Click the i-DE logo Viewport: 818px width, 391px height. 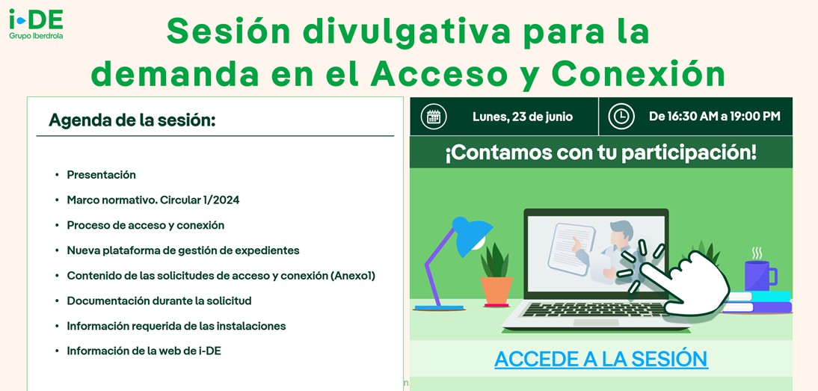[36, 24]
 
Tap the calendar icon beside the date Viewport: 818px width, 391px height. [434, 117]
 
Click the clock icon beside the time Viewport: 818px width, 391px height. [621, 117]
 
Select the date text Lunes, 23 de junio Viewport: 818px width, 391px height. [522, 117]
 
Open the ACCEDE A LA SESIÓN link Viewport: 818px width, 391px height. [601, 359]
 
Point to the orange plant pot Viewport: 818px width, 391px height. [496, 291]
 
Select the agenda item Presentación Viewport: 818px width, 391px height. [101, 175]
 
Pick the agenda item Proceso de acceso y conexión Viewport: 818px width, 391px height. [146, 225]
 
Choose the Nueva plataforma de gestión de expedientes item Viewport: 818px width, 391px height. [183, 250]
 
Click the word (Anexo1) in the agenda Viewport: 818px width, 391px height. [353, 276]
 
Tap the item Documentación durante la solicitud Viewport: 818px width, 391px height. [159, 301]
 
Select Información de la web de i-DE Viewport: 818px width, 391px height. [144, 351]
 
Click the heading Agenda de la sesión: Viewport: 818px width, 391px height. [132, 120]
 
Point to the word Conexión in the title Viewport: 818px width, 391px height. [638, 74]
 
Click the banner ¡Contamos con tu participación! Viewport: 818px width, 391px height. [600, 153]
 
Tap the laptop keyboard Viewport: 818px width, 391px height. [594, 310]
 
